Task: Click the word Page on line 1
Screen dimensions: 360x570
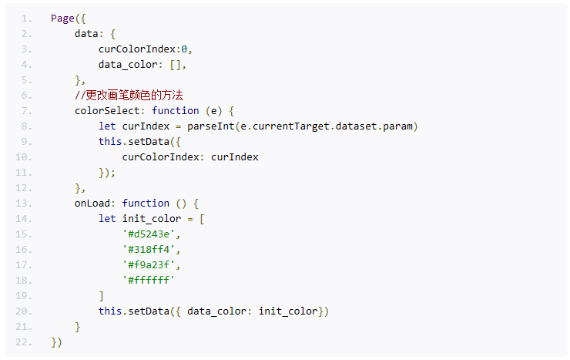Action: point(62,19)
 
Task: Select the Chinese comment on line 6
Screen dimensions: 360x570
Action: point(129,96)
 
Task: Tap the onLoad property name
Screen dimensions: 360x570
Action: point(92,203)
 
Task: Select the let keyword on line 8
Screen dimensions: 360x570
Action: point(107,126)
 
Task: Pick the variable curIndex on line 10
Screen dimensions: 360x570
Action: point(235,157)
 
